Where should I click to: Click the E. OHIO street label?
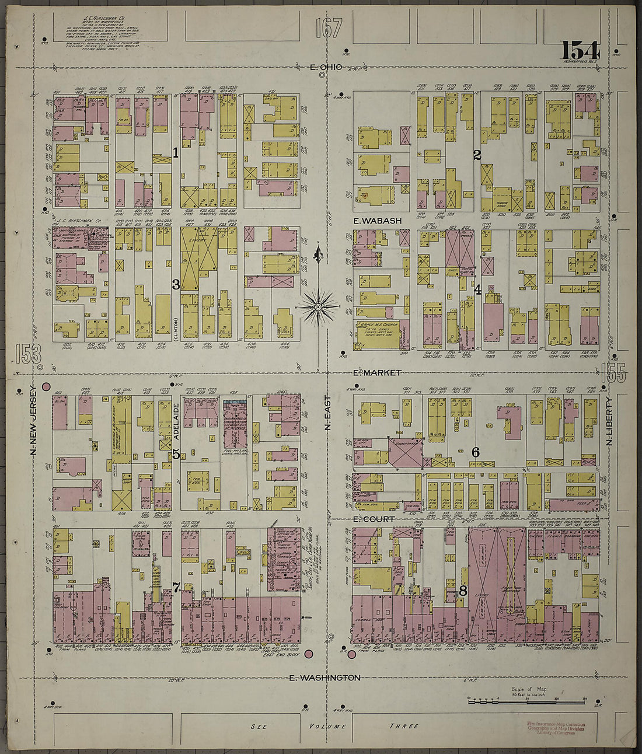[x=322, y=68]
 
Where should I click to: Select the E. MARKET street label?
[x=377, y=372]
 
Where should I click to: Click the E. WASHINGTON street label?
[x=325, y=678]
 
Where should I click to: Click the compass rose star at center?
[x=319, y=306]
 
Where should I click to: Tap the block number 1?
[x=175, y=153]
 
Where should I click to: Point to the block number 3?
[x=175, y=285]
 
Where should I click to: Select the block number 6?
[x=476, y=452]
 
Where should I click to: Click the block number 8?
[x=463, y=591]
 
